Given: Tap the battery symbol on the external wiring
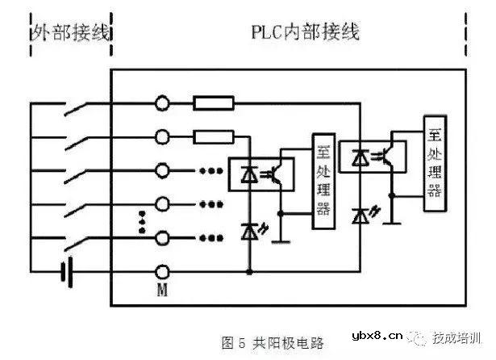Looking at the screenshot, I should pyautogui.click(x=66, y=272).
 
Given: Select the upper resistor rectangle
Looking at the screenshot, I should pyautogui.click(x=214, y=103).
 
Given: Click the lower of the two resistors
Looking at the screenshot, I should pyautogui.click(x=214, y=136).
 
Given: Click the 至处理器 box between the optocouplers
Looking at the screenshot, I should pyautogui.click(x=323, y=184).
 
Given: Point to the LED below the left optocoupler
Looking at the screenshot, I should pyautogui.click(x=250, y=232).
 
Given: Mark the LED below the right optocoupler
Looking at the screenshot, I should pyautogui.click(x=362, y=215).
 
